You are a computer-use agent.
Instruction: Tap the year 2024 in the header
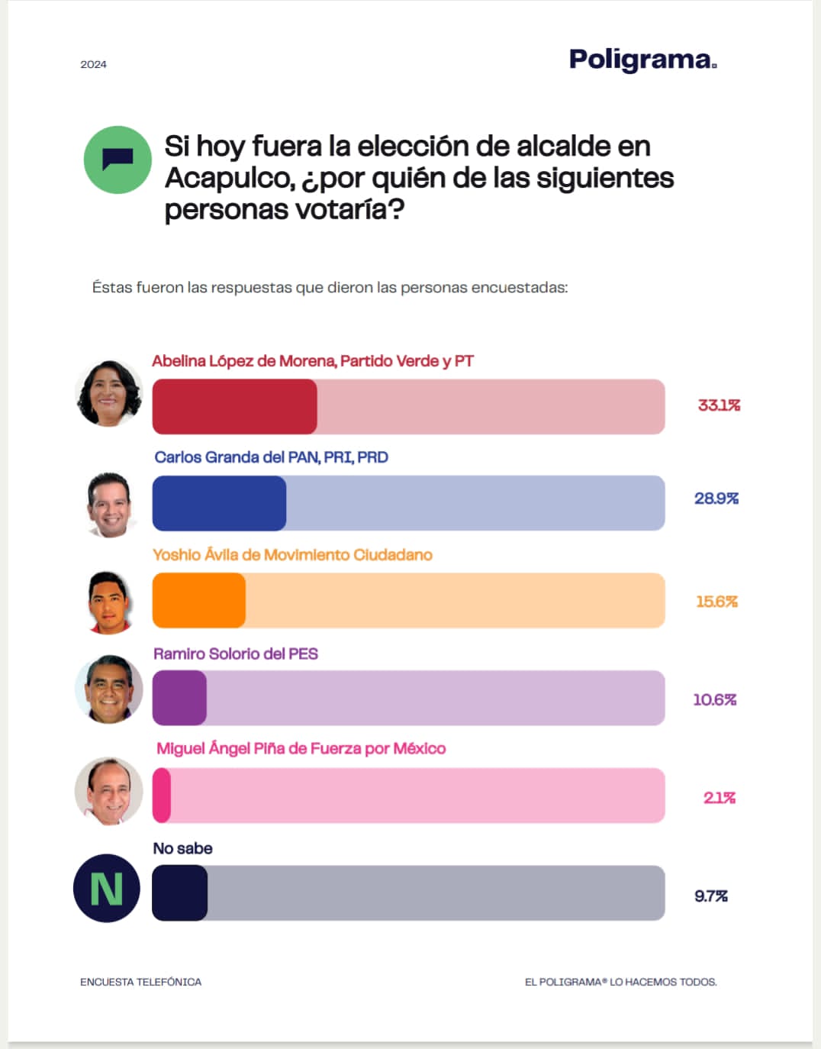pos(93,65)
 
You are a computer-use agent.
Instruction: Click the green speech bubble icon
pos(118,160)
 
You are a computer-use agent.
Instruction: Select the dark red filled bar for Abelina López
pos(234,407)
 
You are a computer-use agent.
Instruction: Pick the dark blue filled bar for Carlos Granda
pos(219,503)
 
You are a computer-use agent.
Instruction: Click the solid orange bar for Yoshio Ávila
pos(199,601)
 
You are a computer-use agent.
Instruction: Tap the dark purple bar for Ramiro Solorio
pos(179,698)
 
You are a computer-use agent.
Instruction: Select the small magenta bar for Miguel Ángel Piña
pos(162,796)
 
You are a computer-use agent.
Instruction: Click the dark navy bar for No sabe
pos(180,893)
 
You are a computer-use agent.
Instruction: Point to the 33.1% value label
pos(719,405)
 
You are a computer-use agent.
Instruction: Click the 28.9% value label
pos(716,499)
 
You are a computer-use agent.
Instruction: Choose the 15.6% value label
pos(716,602)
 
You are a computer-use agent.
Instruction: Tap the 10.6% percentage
pos(714,699)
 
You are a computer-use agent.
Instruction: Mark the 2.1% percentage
pos(719,798)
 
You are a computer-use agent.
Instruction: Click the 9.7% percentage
pos(710,896)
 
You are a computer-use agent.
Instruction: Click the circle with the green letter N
pos(107,888)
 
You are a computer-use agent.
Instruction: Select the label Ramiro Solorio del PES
pos(235,654)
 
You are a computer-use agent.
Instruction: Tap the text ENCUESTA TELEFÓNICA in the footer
pos(140,982)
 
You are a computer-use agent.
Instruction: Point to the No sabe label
pos(182,849)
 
